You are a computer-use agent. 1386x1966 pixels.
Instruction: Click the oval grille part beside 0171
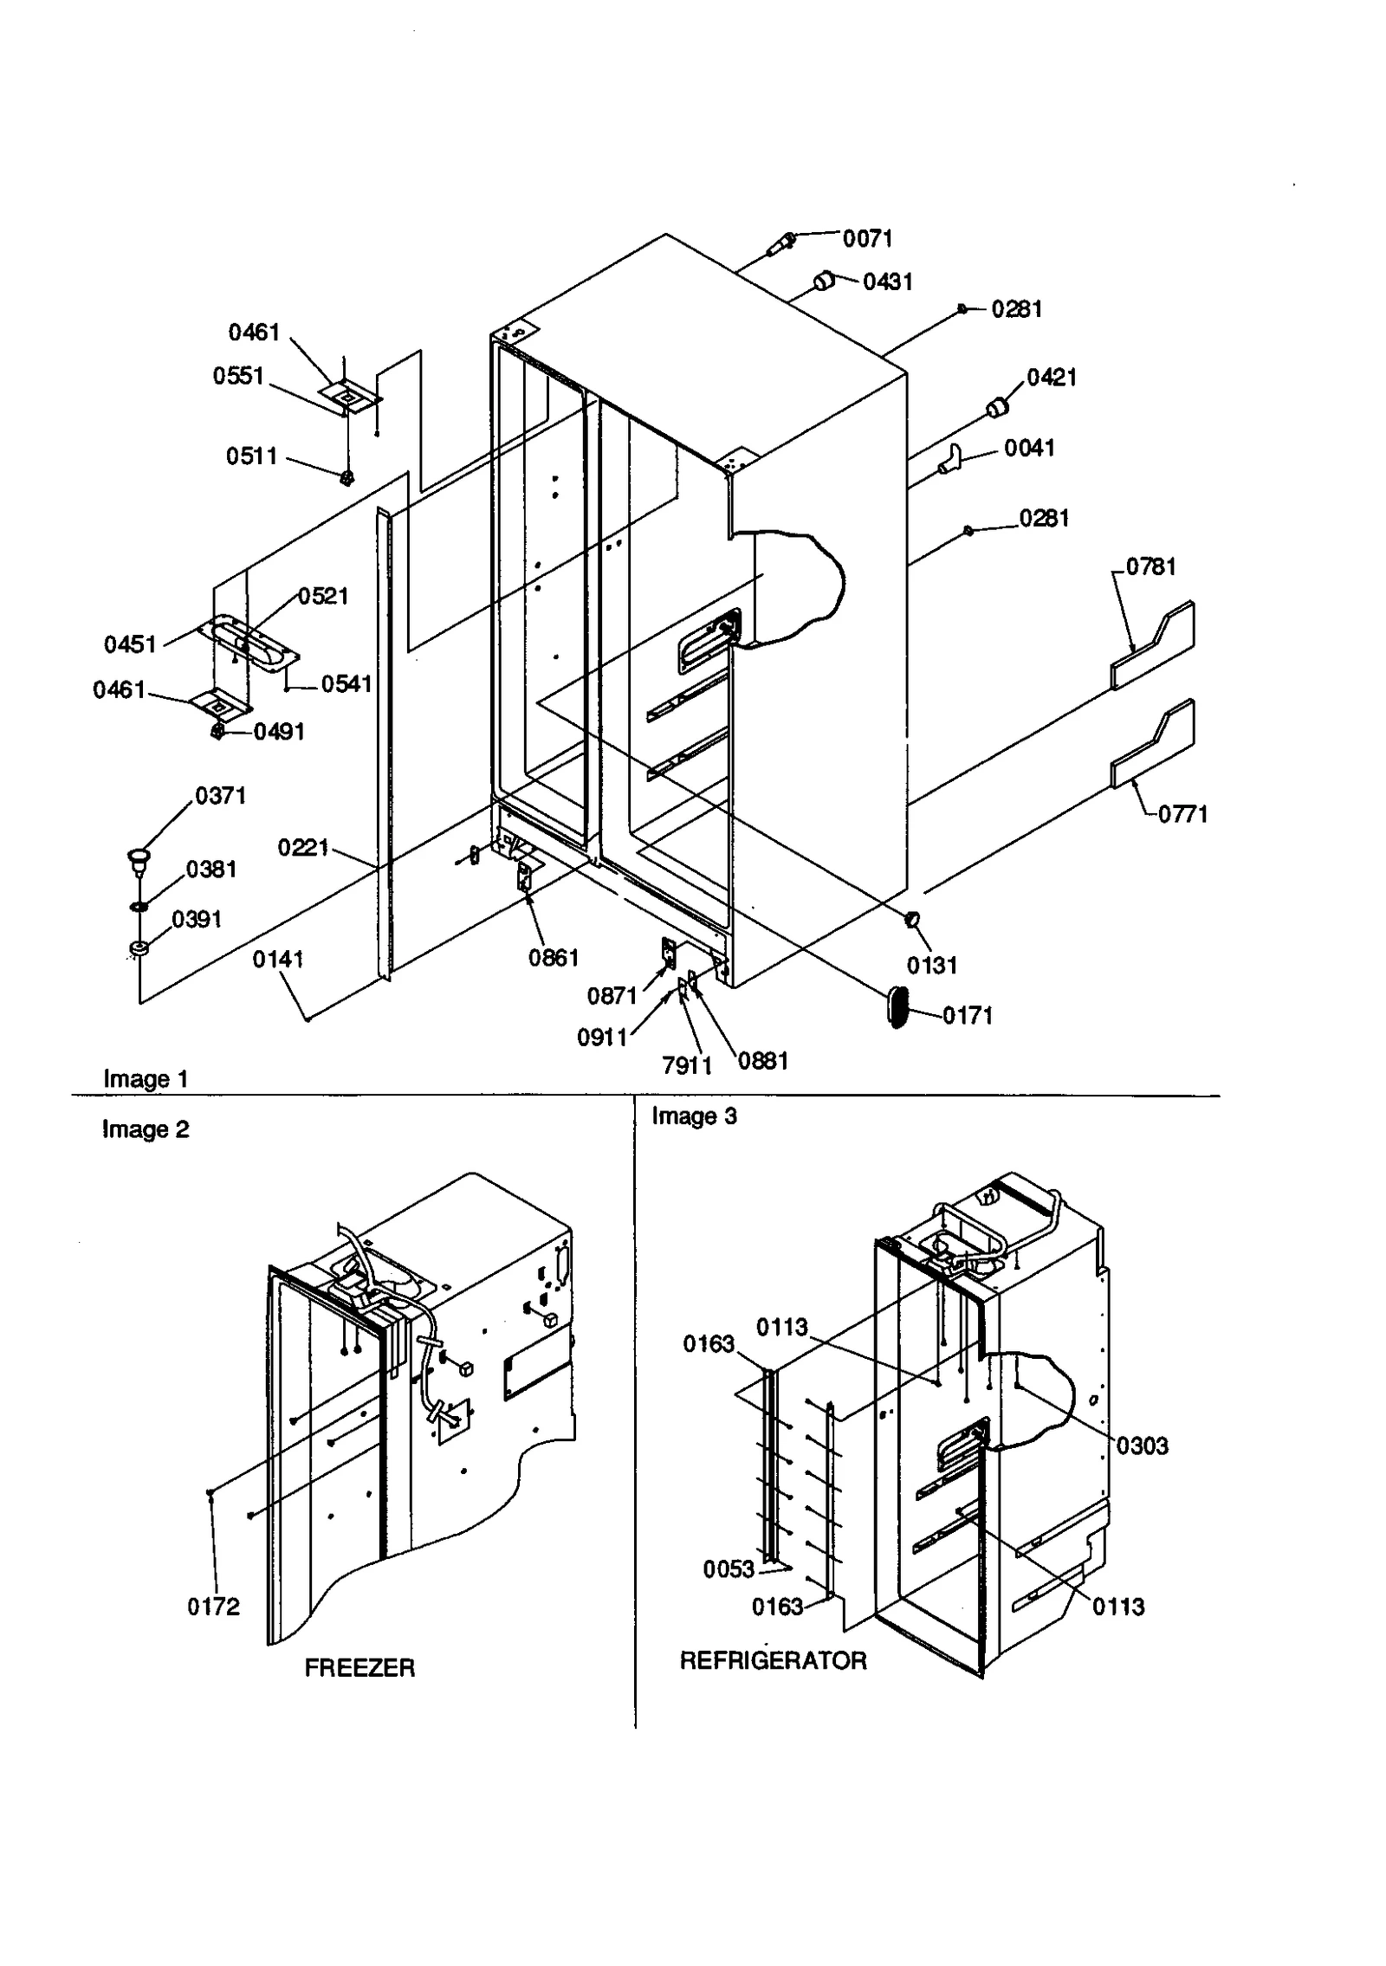(898, 1007)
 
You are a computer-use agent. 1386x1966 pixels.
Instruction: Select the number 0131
(931, 965)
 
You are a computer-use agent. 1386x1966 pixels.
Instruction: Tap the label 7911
(686, 1065)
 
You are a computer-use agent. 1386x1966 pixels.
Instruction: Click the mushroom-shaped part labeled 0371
(138, 858)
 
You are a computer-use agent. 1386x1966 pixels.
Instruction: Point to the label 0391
(197, 919)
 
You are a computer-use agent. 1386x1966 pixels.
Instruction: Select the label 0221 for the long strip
(302, 846)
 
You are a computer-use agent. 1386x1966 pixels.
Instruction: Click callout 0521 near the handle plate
(322, 596)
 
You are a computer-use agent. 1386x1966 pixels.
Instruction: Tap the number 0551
(237, 376)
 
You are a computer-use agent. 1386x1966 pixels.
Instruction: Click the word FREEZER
(359, 1667)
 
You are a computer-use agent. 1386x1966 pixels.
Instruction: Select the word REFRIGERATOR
(773, 1660)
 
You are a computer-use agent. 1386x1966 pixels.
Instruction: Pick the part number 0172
(213, 1607)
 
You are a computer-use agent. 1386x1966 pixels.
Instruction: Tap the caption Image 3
(694, 1116)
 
